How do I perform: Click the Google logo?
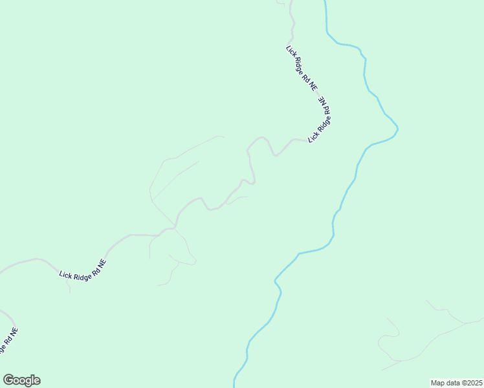pyautogui.click(x=21, y=380)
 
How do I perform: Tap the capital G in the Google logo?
pyautogui.click(x=8, y=380)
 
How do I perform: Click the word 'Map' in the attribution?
pyautogui.click(x=437, y=383)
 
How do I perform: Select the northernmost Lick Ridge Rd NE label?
pyautogui.click(x=302, y=67)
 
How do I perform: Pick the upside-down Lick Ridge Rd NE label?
pyautogui.click(x=321, y=120)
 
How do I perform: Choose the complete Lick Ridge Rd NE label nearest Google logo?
pyautogui.click(x=82, y=270)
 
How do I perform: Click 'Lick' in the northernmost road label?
pyautogui.click(x=291, y=51)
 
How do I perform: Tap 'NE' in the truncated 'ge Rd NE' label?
pyautogui.click(x=14, y=332)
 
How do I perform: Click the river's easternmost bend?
pyautogui.click(x=397, y=129)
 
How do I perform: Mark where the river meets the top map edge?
pyautogui.click(x=324, y=2)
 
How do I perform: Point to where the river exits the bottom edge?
pyautogui.click(x=234, y=385)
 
